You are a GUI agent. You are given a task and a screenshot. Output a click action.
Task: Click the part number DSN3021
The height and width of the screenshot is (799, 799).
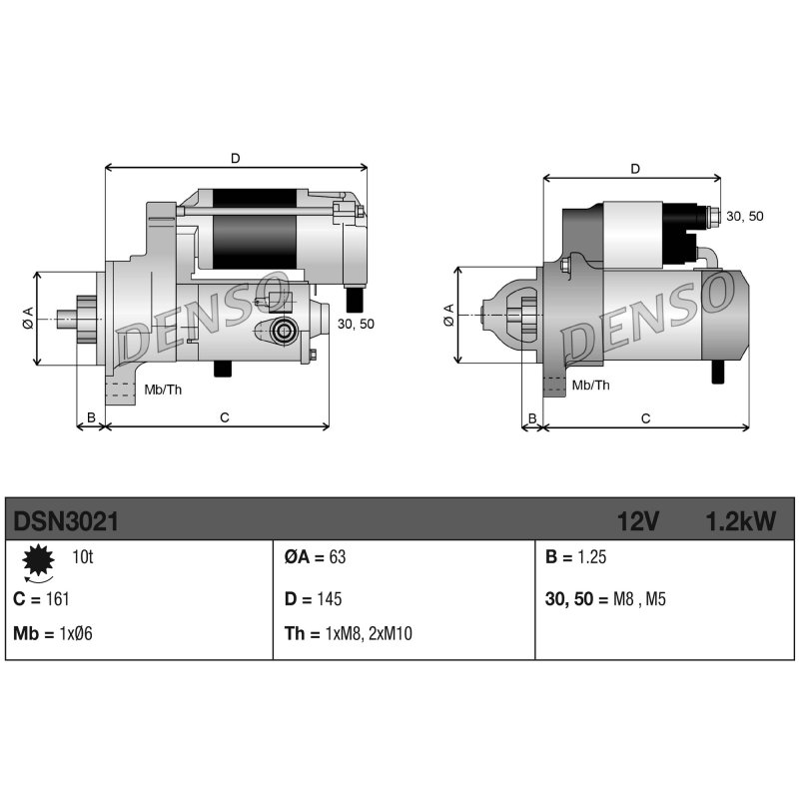[66, 521]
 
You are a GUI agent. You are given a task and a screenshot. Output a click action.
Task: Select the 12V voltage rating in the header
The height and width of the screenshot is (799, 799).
[638, 521]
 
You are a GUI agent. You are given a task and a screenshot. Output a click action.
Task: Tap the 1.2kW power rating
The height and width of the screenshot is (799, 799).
[741, 521]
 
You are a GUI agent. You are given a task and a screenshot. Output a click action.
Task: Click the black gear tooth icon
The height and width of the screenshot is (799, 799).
[38, 560]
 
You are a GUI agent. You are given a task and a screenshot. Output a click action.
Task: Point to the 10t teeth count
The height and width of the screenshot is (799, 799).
[83, 557]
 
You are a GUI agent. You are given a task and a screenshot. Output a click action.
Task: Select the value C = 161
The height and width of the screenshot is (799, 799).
[41, 598]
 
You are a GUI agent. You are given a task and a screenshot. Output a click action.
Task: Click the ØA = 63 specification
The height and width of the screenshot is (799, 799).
[315, 557]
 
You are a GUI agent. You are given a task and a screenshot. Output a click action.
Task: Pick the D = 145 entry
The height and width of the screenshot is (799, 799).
[314, 598]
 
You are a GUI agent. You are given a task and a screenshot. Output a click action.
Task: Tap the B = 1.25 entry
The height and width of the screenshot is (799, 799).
[576, 557]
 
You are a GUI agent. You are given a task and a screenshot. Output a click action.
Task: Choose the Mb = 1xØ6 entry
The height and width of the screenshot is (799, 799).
[53, 633]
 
